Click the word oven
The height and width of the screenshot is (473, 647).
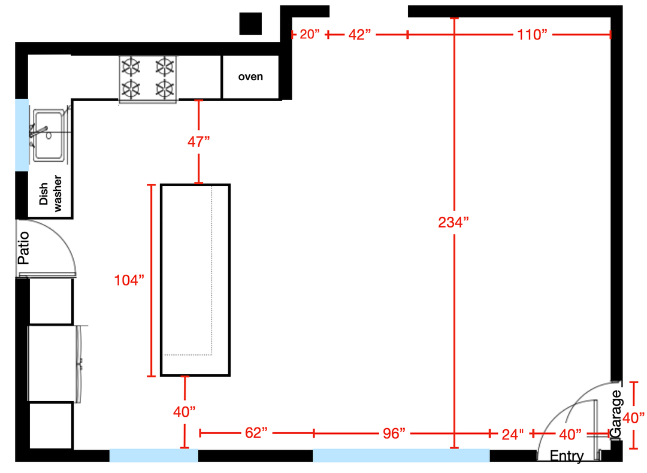250,77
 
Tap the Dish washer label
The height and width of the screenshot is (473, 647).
50,193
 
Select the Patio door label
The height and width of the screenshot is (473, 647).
23,248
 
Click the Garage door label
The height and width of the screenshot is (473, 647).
616,414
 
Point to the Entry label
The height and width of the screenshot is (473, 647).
567,456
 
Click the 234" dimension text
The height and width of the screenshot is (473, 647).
453,223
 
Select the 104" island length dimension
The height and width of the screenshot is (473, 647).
129,280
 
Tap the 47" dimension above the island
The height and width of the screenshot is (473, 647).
198,142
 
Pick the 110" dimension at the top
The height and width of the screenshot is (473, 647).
533,35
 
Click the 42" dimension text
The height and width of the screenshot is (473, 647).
359,35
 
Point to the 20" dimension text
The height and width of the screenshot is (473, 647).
310,34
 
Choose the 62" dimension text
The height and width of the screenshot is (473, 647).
256,433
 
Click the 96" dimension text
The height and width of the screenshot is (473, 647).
394,433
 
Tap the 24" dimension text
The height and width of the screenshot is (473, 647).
512,434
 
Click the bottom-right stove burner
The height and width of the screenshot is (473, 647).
165,89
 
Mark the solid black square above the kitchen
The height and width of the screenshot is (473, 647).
250,23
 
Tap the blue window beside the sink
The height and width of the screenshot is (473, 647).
22,135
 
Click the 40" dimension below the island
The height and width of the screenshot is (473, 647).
184,411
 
